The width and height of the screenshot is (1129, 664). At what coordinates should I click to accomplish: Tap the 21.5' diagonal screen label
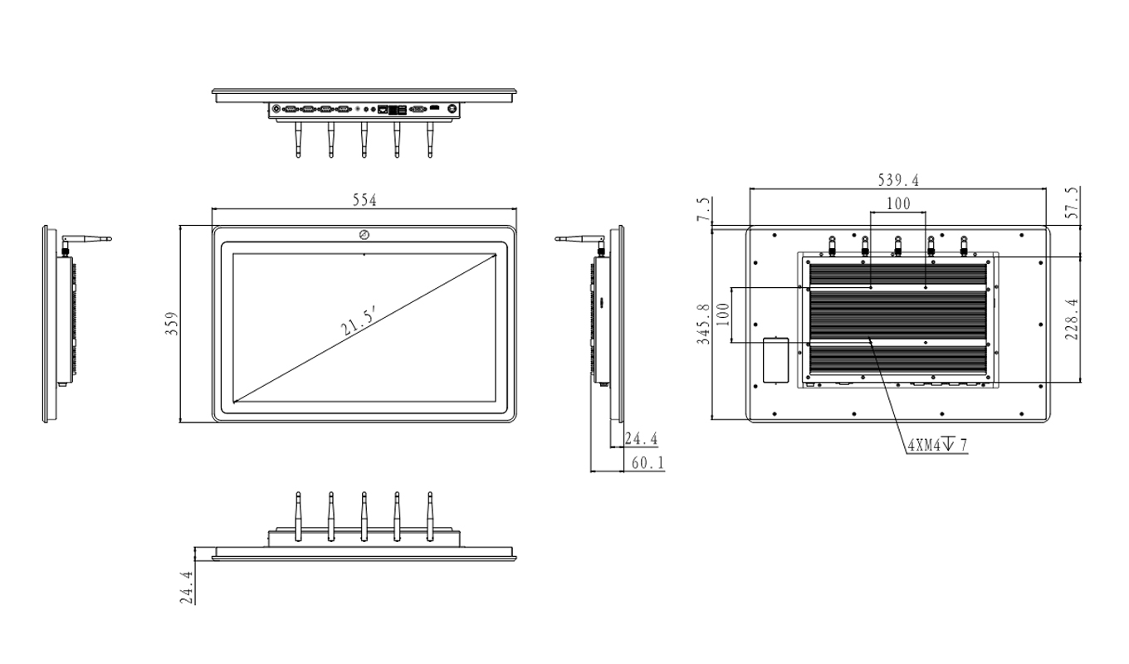359,320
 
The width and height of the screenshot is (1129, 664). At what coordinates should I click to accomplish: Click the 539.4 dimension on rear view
898,180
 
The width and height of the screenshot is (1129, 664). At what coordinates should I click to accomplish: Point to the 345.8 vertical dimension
704,325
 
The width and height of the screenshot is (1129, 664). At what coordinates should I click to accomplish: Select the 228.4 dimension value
1071,320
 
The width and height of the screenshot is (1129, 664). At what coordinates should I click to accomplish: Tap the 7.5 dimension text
704,208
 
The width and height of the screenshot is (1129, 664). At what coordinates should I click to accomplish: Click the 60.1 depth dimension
648,463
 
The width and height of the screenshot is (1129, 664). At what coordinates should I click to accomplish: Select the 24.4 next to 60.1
641,437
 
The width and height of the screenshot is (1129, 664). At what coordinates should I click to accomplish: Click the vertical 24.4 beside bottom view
187,586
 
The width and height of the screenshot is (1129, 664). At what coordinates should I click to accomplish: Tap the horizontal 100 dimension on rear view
898,203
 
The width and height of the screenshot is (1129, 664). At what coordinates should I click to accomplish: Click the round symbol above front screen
364,235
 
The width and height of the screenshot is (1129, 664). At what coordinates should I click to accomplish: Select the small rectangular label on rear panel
775,359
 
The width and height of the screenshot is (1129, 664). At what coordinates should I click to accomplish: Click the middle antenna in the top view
364,139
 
